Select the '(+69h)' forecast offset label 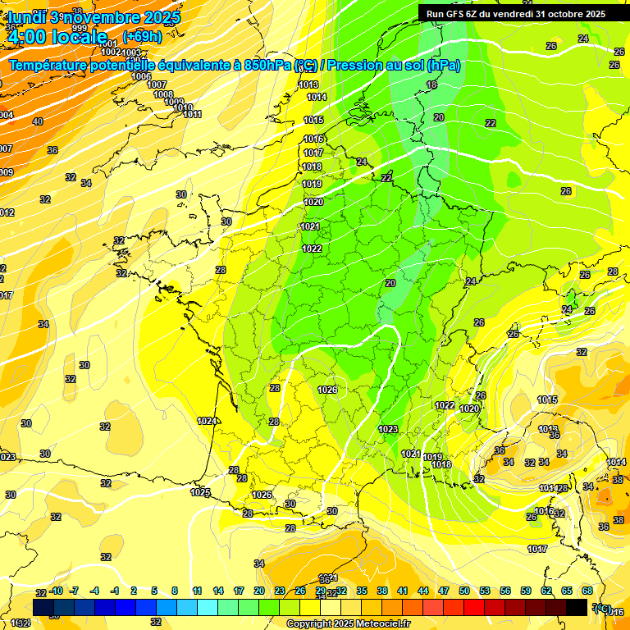pyautogui.click(x=143, y=36)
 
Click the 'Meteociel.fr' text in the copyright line pyautogui.click(x=380, y=624)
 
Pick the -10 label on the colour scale pyautogui.click(x=56, y=591)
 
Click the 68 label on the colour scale pyautogui.click(x=587, y=591)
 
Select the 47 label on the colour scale pyautogui.click(x=444, y=591)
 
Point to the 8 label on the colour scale pyautogui.click(x=175, y=591)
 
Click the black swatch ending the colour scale pyautogui.click(x=577, y=607)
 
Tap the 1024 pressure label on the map pyautogui.click(x=207, y=421)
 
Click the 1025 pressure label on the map pyautogui.click(x=200, y=492)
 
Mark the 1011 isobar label pyautogui.click(x=193, y=114)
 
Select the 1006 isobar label pyautogui.click(x=141, y=76)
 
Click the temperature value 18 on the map pyautogui.click(x=431, y=84)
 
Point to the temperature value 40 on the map pyautogui.click(x=37, y=121)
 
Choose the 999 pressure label pyautogui.click(x=79, y=29)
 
